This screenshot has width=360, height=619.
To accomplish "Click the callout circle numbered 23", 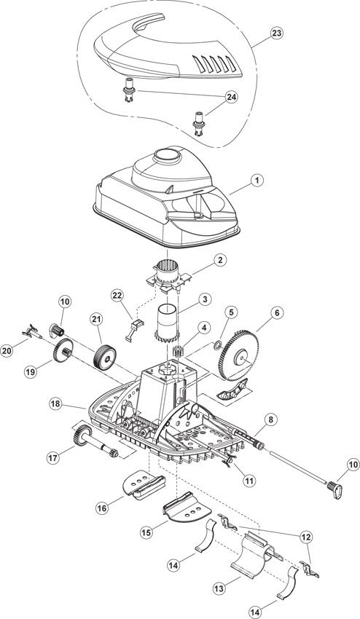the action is pos(276,33).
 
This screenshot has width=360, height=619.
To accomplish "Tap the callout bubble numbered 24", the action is pos(231,97).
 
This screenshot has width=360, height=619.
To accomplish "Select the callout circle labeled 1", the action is pos(257,181).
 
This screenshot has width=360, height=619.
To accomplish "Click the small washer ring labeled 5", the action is pos(217,346).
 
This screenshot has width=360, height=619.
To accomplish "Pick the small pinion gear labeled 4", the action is pos(177,351).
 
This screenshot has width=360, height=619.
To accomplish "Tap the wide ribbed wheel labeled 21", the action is pos(105,358).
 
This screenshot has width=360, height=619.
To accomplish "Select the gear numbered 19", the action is pos(63,350).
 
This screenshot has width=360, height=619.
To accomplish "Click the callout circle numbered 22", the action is pos(117,295).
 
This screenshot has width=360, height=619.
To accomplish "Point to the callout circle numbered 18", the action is pos(56,404).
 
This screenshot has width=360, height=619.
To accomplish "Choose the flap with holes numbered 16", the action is pos(144,484).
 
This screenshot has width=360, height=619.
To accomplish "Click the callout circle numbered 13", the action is pos(219,588).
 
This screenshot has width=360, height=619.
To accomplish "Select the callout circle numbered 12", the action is pos(306,537).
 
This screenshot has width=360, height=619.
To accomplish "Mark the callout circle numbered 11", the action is pos(249,480).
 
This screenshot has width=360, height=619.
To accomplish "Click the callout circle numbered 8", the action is pos(270,419).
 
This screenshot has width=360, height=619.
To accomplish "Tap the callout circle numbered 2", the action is pos(220,260).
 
